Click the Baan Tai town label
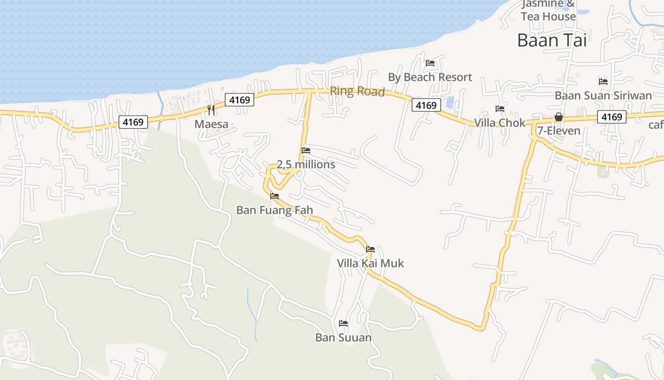(552, 40)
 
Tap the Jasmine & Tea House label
(548, 10)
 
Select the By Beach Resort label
(430, 77)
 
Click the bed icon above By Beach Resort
(430, 63)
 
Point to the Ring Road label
(357, 91)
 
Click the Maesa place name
(211, 124)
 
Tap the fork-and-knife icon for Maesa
(211, 110)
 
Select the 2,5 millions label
(306, 164)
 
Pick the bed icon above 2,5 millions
(306, 151)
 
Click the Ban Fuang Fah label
(275, 210)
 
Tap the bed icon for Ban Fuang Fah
(275, 196)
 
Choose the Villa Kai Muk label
(370, 263)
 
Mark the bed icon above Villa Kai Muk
(370, 249)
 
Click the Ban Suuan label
(343, 338)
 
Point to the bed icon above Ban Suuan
(343, 323)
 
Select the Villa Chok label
(500, 123)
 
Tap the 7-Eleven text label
(559, 131)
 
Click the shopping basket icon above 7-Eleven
(559, 117)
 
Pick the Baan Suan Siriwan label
(603, 95)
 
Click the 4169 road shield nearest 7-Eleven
(611, 117)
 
